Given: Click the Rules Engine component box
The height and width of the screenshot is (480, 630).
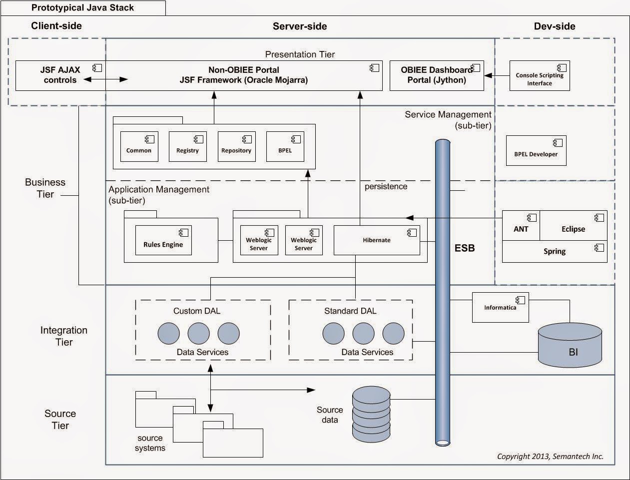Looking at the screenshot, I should tap(163, 240).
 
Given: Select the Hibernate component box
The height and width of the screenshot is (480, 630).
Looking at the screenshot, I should tap(377, 240).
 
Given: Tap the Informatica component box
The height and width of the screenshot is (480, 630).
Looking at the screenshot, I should tap(500, 307).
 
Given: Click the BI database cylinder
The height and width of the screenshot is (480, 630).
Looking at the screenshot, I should tap(570, 345).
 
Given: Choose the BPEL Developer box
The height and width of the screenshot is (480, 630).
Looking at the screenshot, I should tap(536, 150).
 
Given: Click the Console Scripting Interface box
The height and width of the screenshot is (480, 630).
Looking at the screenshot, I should tap(540, 76).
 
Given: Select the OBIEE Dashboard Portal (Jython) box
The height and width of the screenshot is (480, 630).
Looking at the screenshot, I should tap(436, 75).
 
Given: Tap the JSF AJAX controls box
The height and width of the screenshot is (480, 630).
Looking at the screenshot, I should tap(60, 75).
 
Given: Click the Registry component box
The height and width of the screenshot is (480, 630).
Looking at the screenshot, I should tap(187, 147).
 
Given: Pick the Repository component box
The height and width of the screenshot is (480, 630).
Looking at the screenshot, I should tap(236, 147).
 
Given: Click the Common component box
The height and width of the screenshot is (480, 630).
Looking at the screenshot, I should tap(139, 147).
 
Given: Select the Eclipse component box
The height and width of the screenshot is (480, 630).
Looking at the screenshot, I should tap(573, 226).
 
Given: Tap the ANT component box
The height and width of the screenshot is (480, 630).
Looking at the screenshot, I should tap(521, 226).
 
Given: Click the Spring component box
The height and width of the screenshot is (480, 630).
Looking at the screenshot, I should tap(555, 252).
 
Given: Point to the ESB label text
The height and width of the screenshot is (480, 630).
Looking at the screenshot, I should tap(465, 248).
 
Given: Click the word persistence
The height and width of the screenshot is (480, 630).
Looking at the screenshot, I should tap(386, 187).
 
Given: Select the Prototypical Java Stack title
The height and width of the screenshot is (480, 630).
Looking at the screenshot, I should tap(82, 7).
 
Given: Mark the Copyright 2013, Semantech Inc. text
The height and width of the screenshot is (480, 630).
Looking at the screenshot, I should tap(550, 456).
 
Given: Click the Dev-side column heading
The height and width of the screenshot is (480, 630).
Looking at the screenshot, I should tap(555, 26).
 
